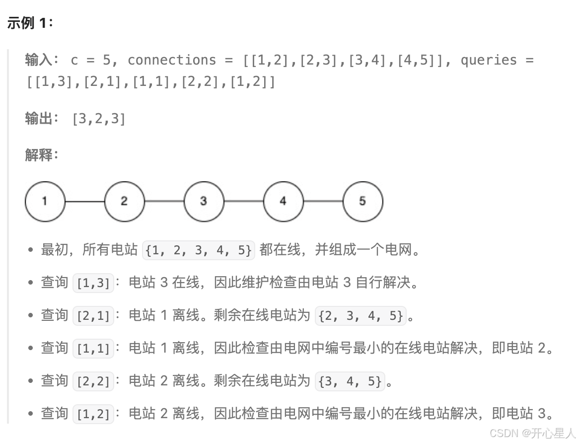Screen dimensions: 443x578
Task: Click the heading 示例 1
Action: pyautogui.click(x=30, y=23)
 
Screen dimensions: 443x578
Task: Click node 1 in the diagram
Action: pyautogui.click(x=45, y=201)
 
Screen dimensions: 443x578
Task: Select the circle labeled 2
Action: pyautogui.click(x=124, y=201)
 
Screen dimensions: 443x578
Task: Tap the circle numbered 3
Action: pyautogui.click(x=204, y=201)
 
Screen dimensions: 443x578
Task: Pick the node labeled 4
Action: pyautogui.click(x=283, y=201)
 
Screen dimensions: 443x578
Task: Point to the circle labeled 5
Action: pyautogui.click(x=362, y=201)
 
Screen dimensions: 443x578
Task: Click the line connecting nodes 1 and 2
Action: pyautogui.click(x=84, y=201)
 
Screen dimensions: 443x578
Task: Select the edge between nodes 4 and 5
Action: pyautogui.click(x=323, y=201)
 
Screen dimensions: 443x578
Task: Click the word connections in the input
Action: pyautogui.click(x=172, y=60)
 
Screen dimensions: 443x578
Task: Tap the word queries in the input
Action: pyautogui.click(x=489, y=60)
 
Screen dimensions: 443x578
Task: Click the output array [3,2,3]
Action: pyautogui.click(x=99, y=119)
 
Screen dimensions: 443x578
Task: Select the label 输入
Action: pyautogui.click(x=39, y=60)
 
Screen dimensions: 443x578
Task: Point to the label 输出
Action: pyautogui.click(x=39, y=119)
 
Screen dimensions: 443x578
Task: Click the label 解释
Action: pyautogui.click(x=39, y=155)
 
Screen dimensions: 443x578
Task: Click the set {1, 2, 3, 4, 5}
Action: pyautogui.click(x=199, y=250)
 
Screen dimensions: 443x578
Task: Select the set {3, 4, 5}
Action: pyautogui.click(x=351, y=381)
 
